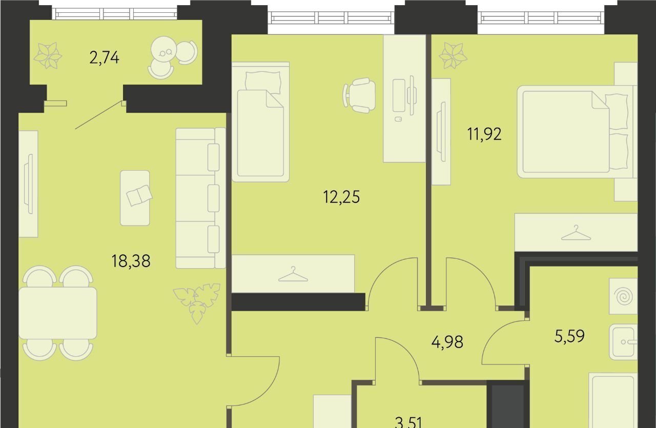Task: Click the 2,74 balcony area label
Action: click(105, 58)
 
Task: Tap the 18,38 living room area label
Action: click(131, 261)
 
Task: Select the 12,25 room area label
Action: click(341, 197)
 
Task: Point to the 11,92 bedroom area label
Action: click(484, 134)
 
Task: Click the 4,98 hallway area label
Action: click(447, 342)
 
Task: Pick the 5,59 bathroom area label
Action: click(569, 336)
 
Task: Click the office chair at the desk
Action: click(359, 95)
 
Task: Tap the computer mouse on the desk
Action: click(398, 119)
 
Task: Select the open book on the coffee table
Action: click(139, 195)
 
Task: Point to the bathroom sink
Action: click(623, 342)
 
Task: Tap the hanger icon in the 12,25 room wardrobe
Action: click(293, 274)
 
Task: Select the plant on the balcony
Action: click(48, 56)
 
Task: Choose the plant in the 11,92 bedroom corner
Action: click(453, 56)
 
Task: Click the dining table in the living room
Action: click(58, 313)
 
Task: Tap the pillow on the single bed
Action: click(263, 81)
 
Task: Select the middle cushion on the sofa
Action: click(214, 198)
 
